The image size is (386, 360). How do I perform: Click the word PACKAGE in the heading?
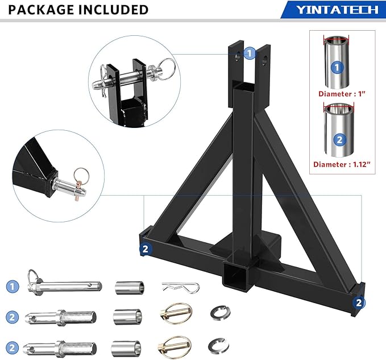pos(42,10)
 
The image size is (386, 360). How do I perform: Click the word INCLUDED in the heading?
pos(113,10)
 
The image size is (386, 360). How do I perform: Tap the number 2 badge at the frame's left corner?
pos(146,249)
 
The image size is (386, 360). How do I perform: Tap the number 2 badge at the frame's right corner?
pos(358,302)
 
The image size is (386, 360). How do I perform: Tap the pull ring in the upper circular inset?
pos(168,71)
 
